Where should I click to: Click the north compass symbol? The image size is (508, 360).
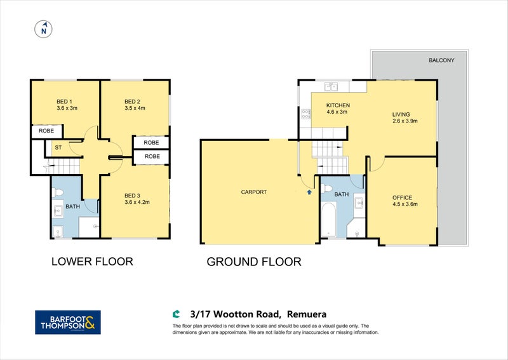pos(44,29)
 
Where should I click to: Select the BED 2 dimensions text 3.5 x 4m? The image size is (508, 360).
pos(135,109)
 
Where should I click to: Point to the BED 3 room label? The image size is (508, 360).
pos(131,195)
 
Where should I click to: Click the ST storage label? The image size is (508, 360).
pos(58,148)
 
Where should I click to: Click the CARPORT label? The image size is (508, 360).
pos(253,192)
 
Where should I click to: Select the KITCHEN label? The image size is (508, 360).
pos(338,105)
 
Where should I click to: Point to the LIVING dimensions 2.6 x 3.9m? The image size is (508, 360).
pos(404,121)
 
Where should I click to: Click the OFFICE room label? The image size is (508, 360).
pos(403,197)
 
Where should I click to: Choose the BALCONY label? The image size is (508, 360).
pos(441,61)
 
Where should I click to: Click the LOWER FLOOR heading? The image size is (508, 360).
pos(92,261)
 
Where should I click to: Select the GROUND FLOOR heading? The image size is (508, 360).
pos(254,261)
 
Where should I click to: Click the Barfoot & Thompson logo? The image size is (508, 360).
pos(67,322)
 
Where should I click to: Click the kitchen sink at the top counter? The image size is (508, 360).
pos(331,87)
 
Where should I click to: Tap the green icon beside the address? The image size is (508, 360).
pos(177,313)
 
